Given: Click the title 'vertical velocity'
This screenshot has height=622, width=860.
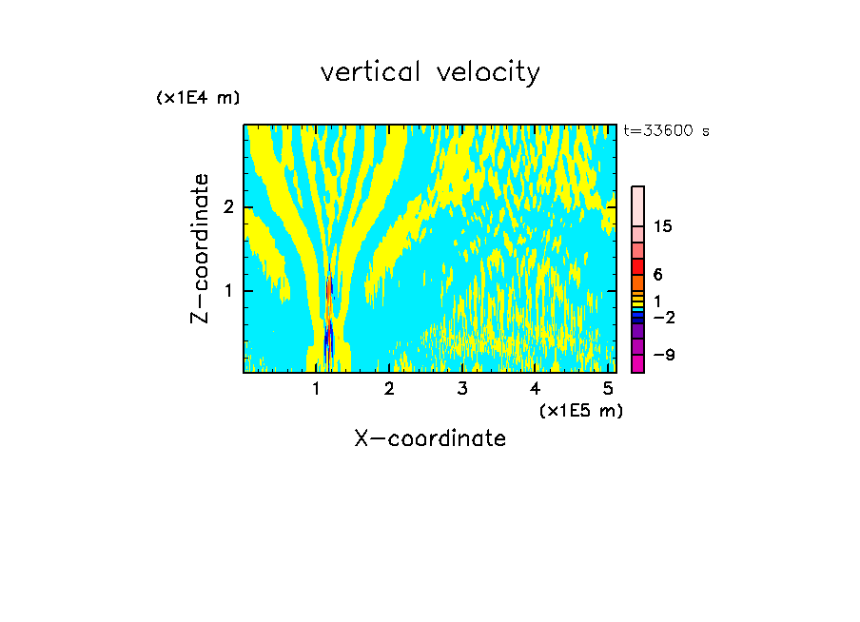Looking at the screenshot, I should coord(430,72).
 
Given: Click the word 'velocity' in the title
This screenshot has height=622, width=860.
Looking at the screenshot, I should coord(489,72).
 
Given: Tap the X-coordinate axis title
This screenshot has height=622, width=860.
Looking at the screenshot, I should coord(430,437).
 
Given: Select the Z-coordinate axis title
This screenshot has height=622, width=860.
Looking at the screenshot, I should coord(200,248).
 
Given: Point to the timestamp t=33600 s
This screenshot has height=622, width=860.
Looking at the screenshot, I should coord(666,131).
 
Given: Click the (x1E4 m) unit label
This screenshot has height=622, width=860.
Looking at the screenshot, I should coord(198,98).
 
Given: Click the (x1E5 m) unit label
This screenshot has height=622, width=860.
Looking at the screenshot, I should coord(580,410).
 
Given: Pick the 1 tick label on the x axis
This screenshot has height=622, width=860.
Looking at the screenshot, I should coord(316,388).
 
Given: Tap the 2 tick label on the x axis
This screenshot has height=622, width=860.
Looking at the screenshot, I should coord(389,388).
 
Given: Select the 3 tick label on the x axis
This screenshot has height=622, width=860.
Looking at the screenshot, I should coord(462,388).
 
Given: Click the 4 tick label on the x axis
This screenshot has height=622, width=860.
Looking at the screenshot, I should coord(535,388).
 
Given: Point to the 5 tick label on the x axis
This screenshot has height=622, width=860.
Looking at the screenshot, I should coord(608,388).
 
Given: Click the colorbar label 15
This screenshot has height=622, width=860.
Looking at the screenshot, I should coord(663,226).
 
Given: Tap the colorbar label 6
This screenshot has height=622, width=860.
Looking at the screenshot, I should coord(658,274).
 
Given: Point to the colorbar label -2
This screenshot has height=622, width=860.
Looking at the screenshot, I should coord(663,317).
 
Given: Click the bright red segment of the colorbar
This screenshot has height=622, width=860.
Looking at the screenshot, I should coord(638,265).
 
